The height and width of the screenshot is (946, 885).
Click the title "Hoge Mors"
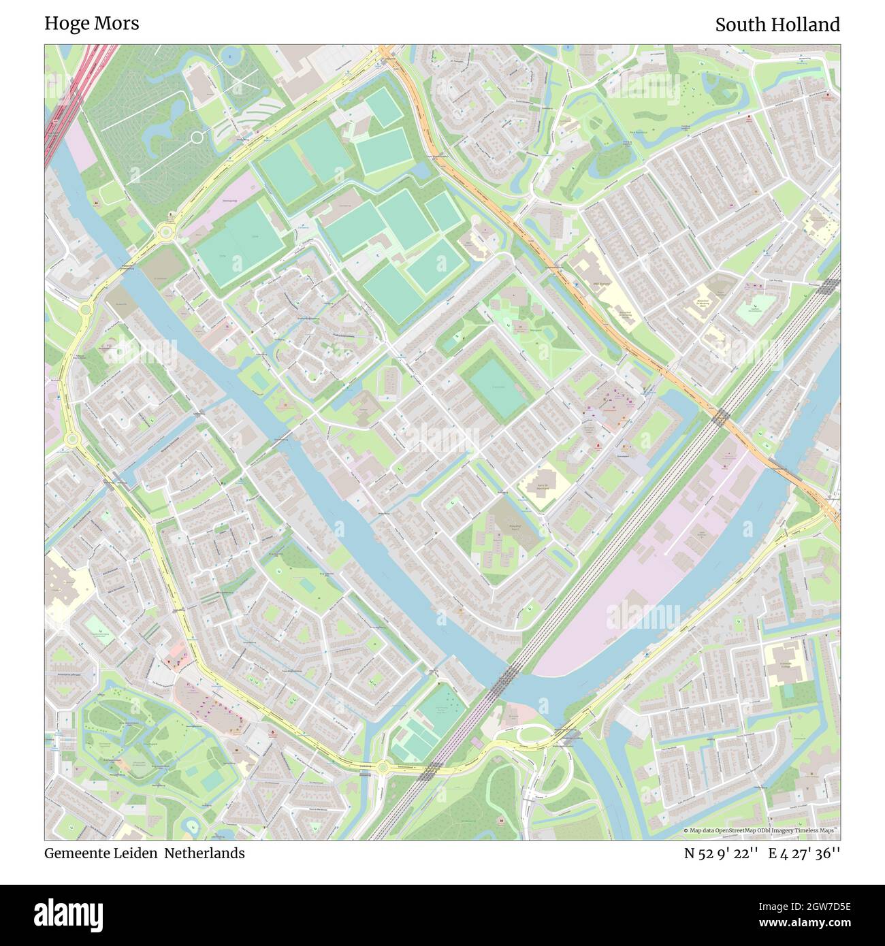(92, 23)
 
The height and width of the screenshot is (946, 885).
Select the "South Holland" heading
(777, 25)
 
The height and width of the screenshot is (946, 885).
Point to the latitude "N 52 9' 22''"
(721, 853)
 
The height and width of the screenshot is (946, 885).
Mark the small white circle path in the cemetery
(197, 137)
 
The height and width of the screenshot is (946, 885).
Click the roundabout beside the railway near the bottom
(383, 767)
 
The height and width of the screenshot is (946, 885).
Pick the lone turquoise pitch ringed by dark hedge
(496, 387)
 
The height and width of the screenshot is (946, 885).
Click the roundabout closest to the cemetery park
(165, 233)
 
